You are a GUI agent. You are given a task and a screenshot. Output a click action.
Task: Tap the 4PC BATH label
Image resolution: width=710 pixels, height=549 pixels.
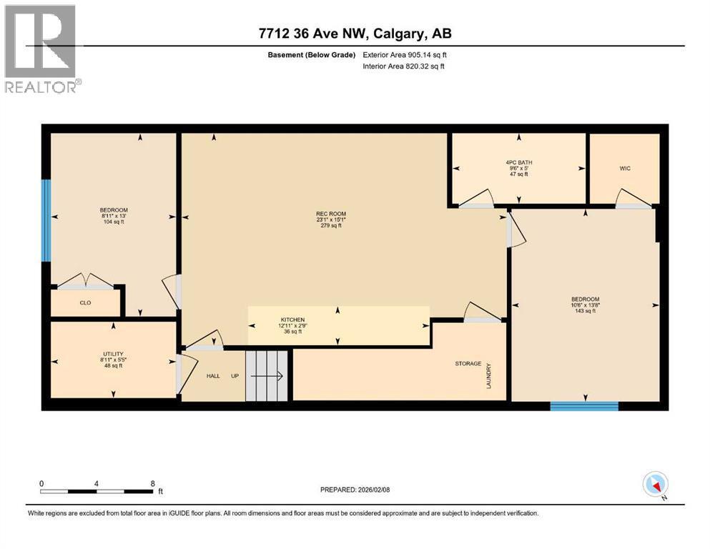point(518,162)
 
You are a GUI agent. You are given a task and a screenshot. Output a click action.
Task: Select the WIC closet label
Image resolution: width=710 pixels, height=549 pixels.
point(624,169)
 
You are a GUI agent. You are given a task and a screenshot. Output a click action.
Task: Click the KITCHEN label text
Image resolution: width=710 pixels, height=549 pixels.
point(292,320)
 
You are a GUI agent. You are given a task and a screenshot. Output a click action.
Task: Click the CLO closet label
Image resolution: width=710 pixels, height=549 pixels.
point(84,302)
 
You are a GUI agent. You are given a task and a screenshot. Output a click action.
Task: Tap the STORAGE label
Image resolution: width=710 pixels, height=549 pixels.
point(468,364)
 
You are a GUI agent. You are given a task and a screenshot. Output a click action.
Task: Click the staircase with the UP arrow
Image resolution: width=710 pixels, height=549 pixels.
point(267,375)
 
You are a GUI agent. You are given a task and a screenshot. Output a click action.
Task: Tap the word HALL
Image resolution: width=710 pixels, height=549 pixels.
point(213,375)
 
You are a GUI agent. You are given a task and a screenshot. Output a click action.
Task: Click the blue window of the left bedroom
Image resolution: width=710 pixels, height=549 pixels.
point(46,220)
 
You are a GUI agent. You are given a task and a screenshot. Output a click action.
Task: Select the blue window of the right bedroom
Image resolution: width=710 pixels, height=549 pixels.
point(583,406)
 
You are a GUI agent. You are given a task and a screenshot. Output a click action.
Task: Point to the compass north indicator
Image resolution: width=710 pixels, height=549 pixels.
point(655,485)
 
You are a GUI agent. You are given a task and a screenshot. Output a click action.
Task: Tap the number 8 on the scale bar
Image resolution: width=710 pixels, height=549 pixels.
point(152,483)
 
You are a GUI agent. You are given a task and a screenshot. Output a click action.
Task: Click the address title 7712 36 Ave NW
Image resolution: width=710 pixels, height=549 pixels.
point(355,34)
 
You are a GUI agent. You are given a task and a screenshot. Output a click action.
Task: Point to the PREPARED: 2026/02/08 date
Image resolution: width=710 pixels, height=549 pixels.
point(355,490)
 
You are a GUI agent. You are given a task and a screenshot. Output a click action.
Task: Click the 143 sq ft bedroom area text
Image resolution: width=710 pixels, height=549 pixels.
point(585,311)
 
